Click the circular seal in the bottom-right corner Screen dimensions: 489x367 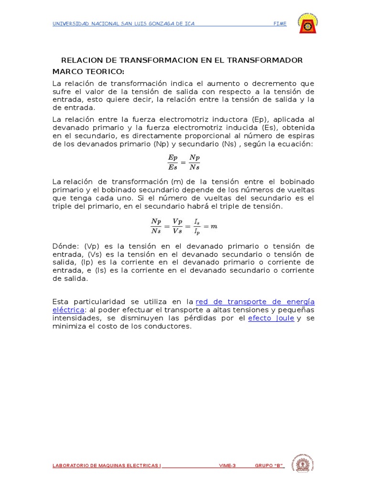pyautogui.click(x=302, y=465)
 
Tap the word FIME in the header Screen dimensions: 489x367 pyautogui.click(x=280, y=24)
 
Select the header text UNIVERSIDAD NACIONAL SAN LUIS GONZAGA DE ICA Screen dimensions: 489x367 pyautogui.click(x=123, y=24)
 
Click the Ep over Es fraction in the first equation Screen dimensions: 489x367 pyautogui.click(x=173, y=161)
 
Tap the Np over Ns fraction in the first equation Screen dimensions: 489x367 pyautogui.click(x=194, y=161)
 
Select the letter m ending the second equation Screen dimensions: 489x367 pyautogui.click(x=214, y=226)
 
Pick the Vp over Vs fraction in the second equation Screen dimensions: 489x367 pyautogui.click(x=177, y=226)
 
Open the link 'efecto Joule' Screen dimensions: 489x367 pyautogui.click(x=271, y=319)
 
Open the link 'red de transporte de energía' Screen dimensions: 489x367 pyautogui.click(x=255, y=302)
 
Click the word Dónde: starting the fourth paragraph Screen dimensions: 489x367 pyautogui.click(x=66, y=246)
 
